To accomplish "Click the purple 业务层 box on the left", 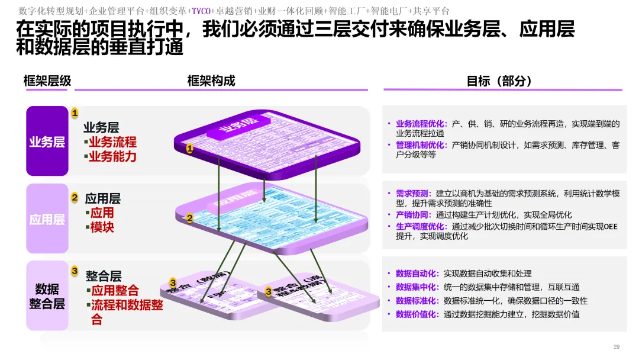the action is click(x=47, y=142).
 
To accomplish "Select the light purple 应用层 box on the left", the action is click(x=47, y=219).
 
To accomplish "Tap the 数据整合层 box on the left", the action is click(x=47, y=296).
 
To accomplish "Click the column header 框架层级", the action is click(x=47, y=81).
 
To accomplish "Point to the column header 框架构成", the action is click(x=211, y=81).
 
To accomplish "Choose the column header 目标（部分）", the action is click(x=500, y=81).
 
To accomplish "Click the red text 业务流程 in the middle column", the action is click(x=112, y=142).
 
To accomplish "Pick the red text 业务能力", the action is click(x=112, y=156).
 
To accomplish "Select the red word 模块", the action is click(x=102, y=227).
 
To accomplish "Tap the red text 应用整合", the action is click(x=115, y=291).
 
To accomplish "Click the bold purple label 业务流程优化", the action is click(x=420, y=124).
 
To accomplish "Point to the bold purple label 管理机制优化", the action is click(x=420, y=145).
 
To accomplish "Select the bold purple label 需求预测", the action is click(x=412, y=194).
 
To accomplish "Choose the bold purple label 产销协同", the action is click(x=412, y=215).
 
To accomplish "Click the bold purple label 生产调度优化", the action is click(x=420, y=226).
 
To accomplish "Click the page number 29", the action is click(x=616, y=346).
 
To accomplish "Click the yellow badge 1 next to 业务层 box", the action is click(x=75, y=112).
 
